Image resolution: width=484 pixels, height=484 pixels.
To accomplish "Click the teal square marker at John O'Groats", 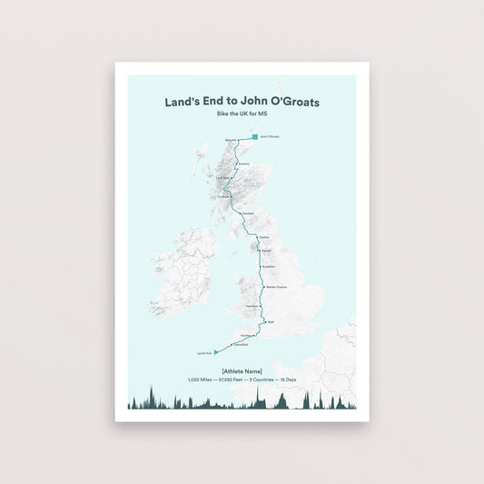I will point(255,137).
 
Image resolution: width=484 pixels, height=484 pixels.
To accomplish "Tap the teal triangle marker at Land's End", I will point(215,351).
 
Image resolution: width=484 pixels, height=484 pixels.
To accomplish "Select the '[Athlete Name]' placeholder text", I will point(242,370).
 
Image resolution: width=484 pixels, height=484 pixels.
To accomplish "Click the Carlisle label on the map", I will point(264,237).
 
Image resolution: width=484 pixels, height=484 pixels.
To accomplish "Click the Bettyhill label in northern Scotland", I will point(229,141).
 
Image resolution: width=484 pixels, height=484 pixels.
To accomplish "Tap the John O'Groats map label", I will point(270,137).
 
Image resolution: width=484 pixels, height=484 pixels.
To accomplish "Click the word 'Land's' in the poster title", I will point(182,103).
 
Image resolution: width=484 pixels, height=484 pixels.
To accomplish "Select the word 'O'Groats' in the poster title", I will point(289,103).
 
